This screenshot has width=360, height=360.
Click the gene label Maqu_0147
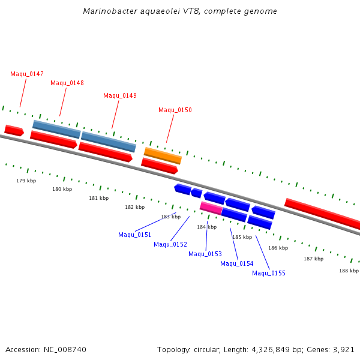27,74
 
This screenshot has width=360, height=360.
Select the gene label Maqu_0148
67,83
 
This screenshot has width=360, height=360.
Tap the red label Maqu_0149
120,95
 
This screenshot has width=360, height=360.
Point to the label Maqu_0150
175,110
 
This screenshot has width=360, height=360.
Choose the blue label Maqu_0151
135,235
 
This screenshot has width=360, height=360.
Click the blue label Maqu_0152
170,244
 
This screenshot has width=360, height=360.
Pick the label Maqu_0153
205,254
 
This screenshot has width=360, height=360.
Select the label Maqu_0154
237,263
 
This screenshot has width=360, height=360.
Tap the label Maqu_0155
269,273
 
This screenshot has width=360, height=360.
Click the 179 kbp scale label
26,181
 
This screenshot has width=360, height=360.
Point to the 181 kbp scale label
99,198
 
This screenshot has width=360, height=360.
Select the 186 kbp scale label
278,248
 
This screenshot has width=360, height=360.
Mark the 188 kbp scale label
349,271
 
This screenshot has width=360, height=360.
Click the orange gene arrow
163,155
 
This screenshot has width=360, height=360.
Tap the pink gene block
211,208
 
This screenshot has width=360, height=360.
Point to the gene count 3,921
343,349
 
